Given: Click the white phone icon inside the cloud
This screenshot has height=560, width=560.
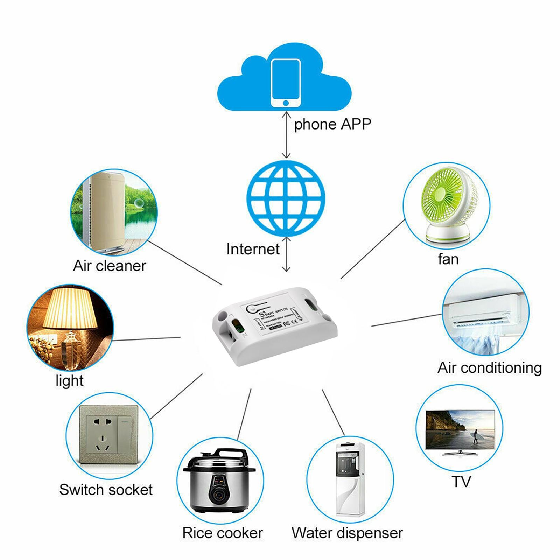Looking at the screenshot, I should pos(286,83).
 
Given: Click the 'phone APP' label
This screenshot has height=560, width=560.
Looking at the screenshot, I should pos(332,124).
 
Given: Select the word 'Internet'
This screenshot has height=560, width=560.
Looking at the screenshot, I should pos(253,249).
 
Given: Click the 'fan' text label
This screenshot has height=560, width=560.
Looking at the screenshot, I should pos(448,259).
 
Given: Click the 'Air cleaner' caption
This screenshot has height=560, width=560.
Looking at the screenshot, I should pos(109,266).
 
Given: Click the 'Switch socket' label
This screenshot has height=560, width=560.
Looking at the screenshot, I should pos(106,490).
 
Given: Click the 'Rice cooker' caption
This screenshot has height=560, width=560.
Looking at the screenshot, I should pos(223,533).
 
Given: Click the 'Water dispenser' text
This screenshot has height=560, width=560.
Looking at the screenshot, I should pos(347,533).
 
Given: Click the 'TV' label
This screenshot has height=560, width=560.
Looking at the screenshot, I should pos(461,482).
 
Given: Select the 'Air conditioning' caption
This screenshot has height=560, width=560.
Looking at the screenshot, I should pos(489,368).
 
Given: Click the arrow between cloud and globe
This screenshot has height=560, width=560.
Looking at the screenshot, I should pos(287,135).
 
